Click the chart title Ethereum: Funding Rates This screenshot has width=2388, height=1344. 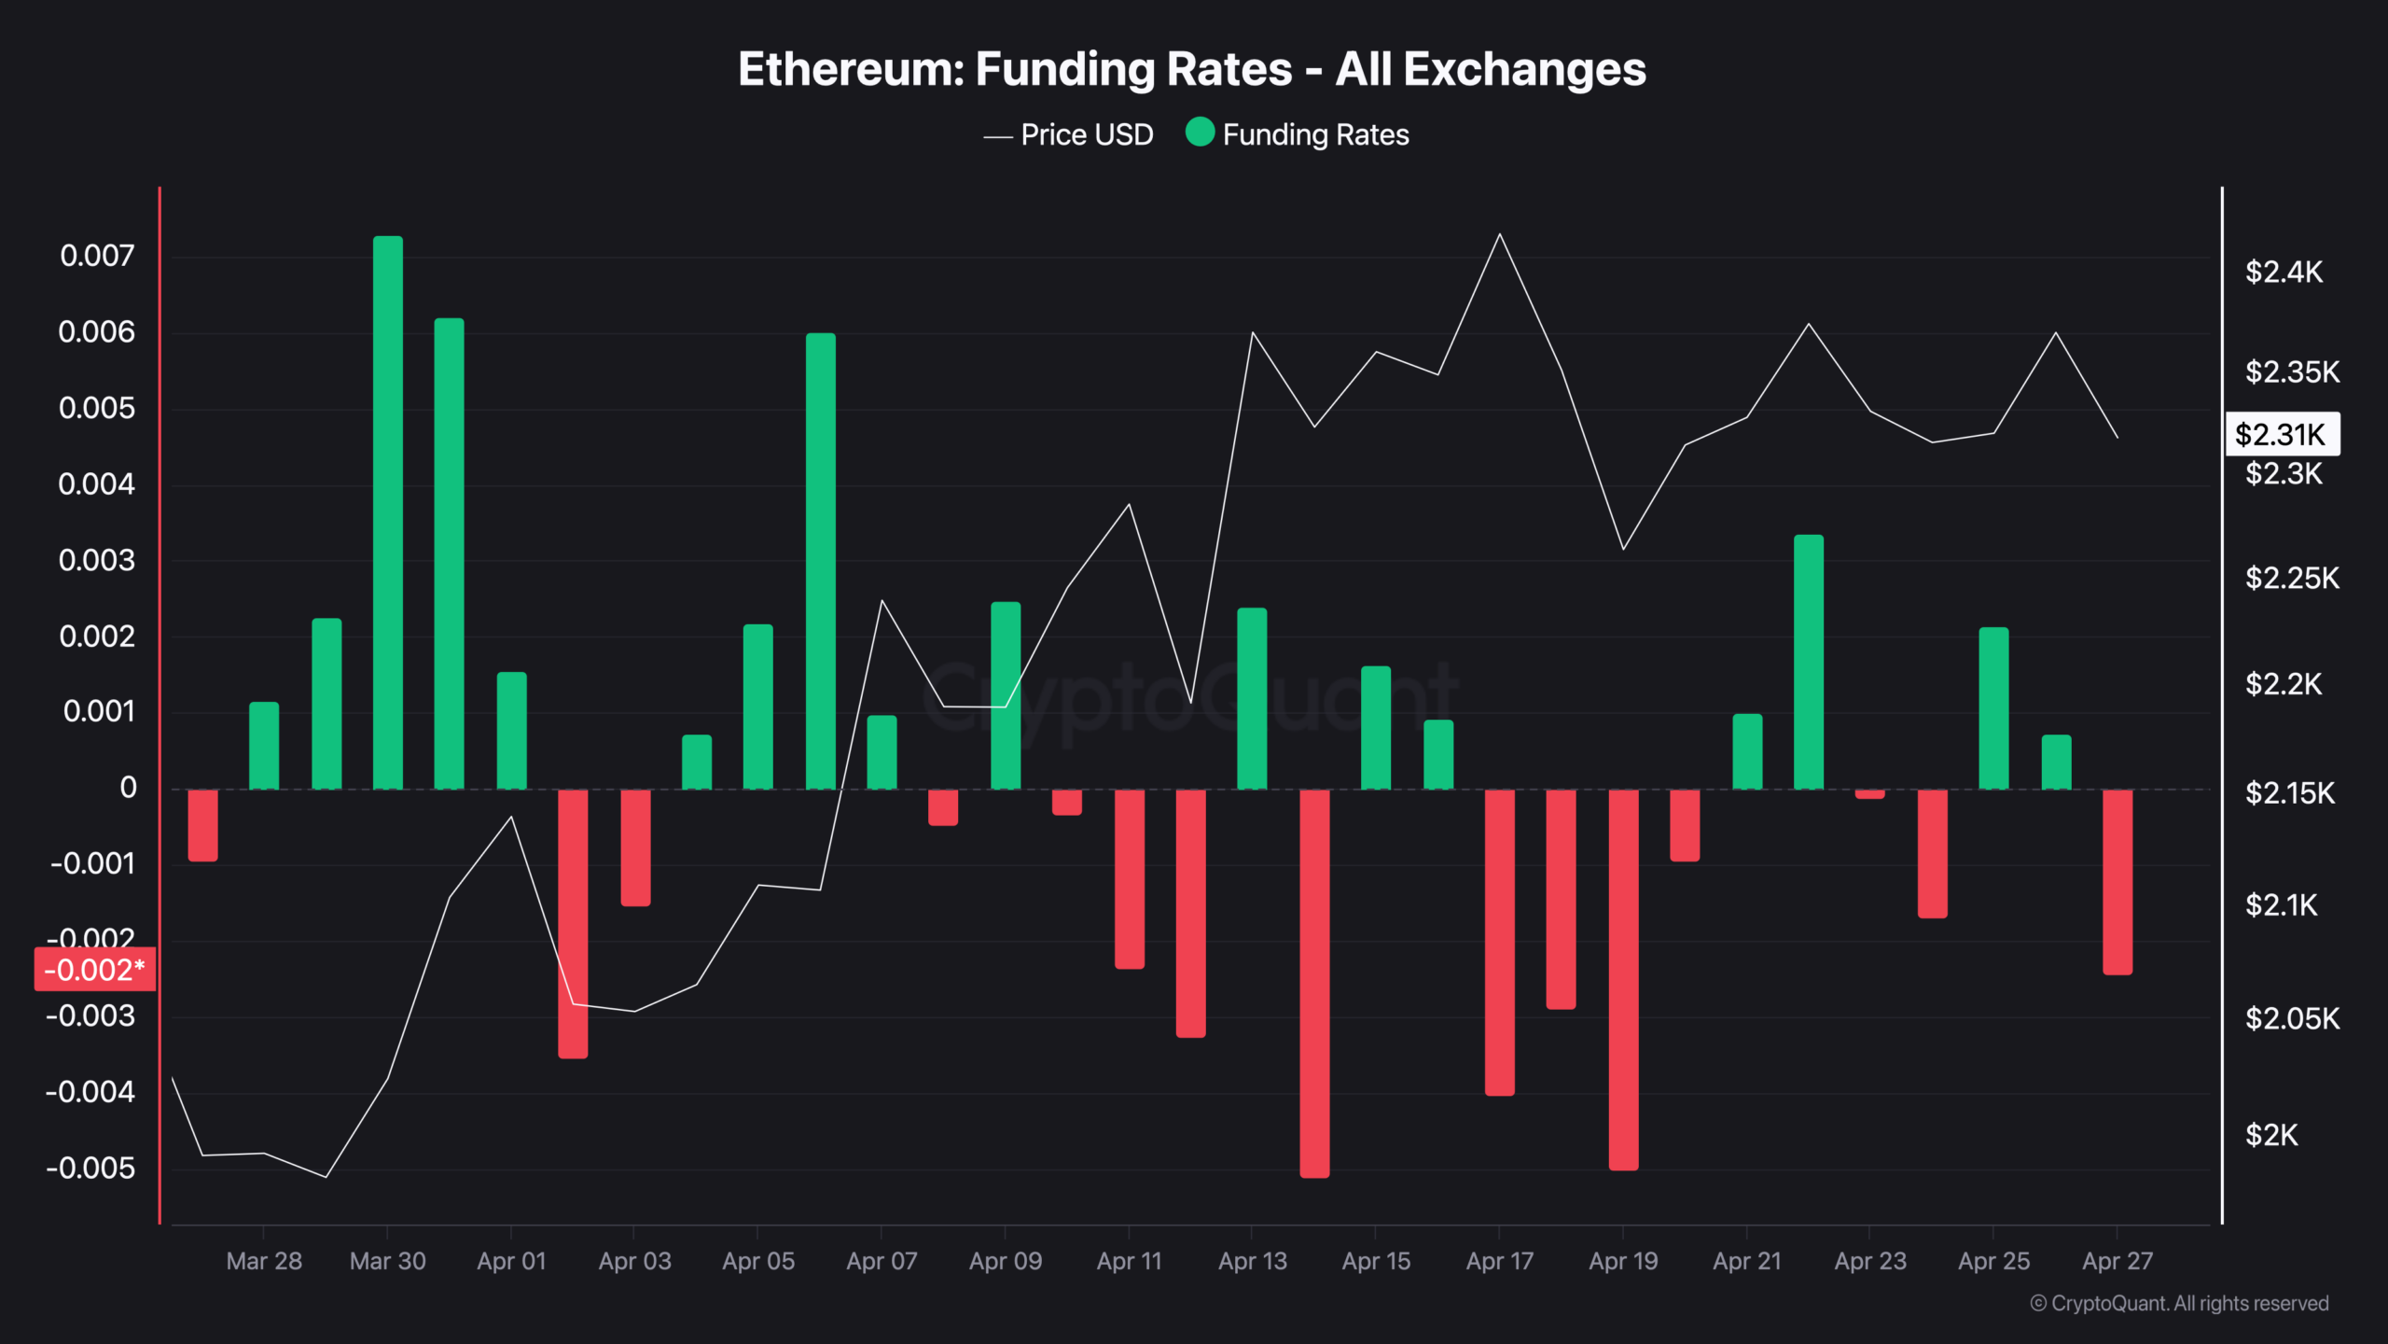[1191, 69]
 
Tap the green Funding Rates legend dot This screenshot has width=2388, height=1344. [1200, 133]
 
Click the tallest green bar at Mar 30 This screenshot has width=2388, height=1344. [388, 513]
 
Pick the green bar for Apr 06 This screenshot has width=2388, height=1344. [821, 560]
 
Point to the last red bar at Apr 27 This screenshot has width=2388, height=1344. [2117, 881]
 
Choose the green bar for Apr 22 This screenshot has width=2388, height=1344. [1808, 663]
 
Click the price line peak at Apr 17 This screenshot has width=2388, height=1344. [1499, 234]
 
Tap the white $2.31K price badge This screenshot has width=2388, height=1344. [2282, 434]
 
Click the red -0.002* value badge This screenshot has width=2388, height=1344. [94, 970]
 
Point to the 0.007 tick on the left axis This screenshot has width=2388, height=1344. [97, 256]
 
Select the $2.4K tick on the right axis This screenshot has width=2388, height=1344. [2284, 272]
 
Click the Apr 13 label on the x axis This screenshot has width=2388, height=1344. [1252, 1261]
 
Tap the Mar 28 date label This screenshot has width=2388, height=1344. [264, 1261]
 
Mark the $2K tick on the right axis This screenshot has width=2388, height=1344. [2271, 1135]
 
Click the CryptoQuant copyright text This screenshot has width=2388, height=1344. [2179, 1303]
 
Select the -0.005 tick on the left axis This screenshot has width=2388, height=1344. [90, 1168]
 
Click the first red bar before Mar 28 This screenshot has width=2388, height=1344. [202, 825]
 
